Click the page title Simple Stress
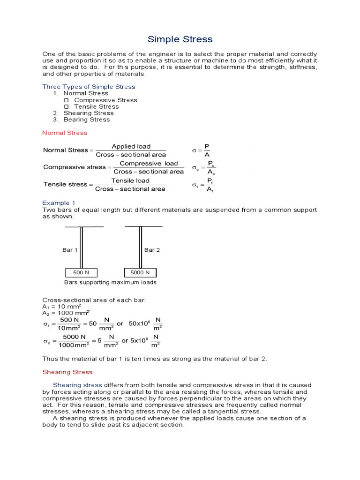pyautogui.click(x=180, y=39)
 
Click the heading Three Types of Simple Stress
pyautogui.click(x=89, y=87)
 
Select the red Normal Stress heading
pyautogui.click(x=65, y=133)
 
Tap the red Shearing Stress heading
pyautogui.click(x=67, y=372)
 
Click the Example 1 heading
pyautogui.click(x=59, y=203)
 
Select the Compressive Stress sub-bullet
pyautogui.click(x=105, y=100)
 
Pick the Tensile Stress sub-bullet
pyautogui.click(x=96, y=106)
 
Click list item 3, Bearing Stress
pyautogui.click(x=86, y=120)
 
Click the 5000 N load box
pyautogui.click(x=140, y=273)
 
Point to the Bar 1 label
pyautogui.click(x=70, y=250)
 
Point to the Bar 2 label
pyautogui.click(x=152, y=250)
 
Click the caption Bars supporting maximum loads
pyautogui.click(x=110, y=283)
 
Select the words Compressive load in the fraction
pyautogui.click(x=149, y=164)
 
